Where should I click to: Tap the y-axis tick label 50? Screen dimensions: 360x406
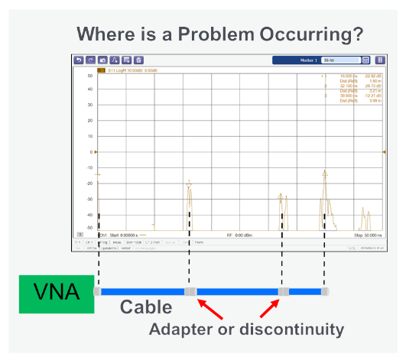click(90, 76)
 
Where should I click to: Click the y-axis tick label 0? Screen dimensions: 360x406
click(91, 152)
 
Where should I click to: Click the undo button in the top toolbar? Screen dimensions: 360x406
click(78, 59)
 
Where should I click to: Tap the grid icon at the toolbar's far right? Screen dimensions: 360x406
click(380, 59)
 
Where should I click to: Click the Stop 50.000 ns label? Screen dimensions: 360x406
click(369, 235)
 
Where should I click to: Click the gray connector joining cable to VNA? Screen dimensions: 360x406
click(97, 291)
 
